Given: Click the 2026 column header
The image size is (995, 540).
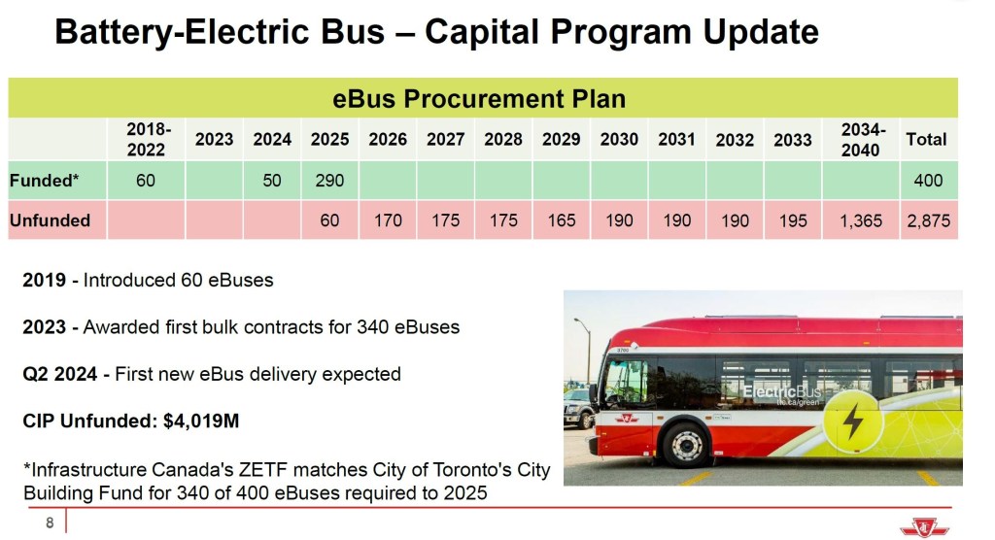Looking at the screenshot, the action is coord(388,139).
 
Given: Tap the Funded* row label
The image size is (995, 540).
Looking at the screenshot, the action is coord(45,181).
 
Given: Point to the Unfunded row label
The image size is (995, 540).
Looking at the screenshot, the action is coord(51,220).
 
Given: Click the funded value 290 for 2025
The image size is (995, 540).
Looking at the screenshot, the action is coord(330,181).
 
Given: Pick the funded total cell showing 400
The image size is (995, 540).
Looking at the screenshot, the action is coord(928,181).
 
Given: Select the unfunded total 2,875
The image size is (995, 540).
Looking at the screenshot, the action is coord(928,220).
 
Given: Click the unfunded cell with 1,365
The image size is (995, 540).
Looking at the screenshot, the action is coord(861,220).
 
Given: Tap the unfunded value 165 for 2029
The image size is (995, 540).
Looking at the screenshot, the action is coord(562,220).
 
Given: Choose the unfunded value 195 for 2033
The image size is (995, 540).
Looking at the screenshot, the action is coord(793,220).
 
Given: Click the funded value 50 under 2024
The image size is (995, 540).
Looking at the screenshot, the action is coord(272,181).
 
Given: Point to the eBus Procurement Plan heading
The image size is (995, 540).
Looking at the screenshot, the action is coord(479,99).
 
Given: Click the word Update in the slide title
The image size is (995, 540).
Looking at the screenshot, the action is coord(761,32).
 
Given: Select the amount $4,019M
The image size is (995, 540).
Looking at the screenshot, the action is coord(201,421).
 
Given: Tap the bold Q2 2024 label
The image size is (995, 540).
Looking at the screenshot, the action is coord(59,374).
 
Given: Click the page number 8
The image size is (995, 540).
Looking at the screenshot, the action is coord(50,523).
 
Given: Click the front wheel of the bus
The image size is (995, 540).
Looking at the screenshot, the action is coord(686,446).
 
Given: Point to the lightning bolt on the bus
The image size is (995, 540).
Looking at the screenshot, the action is coord(853,421).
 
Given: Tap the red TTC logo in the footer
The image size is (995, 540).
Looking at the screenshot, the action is coord(924,527).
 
